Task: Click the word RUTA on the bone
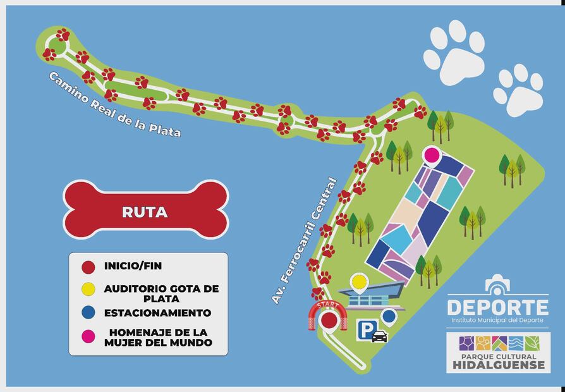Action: (145, 212)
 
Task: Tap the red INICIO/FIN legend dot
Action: (89, 267)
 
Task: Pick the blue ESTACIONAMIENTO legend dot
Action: (89, 312)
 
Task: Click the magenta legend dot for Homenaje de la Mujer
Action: (89, 335)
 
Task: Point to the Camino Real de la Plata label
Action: (114, 105)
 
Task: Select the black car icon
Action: (379, 336)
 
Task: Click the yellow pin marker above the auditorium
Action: (359, 282)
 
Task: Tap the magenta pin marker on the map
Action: (432, 155)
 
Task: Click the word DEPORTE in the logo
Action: (497, 307)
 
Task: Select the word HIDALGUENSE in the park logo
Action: (498, 365)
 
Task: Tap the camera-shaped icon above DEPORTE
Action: (497, 285)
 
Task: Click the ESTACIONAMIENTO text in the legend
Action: (157, 312)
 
